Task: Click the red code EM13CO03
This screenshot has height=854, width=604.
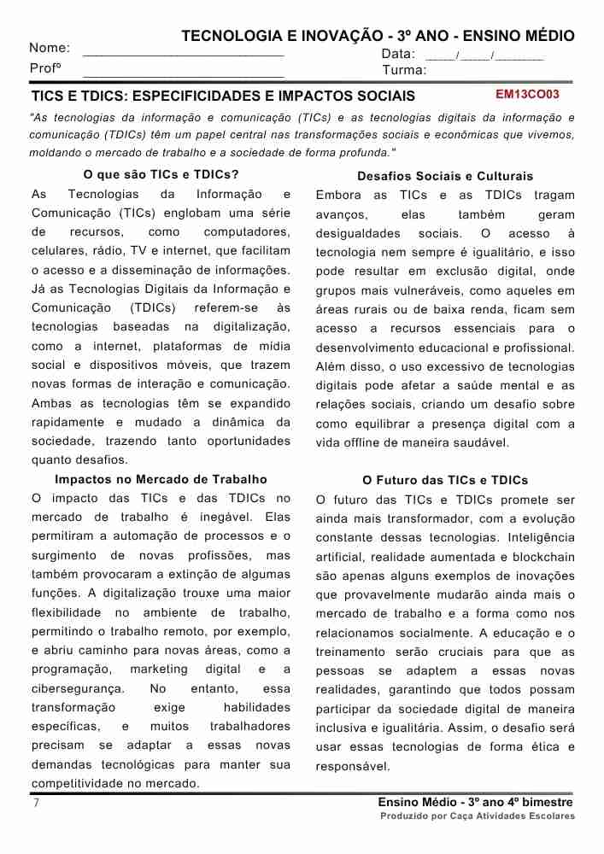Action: click(527, 95)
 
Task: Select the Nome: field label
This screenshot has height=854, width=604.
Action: click(50, 49)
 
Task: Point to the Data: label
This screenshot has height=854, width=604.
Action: click(398, 54)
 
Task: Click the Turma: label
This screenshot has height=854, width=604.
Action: click(403, 71)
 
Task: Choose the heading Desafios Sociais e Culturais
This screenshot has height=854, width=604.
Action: click(444, 176)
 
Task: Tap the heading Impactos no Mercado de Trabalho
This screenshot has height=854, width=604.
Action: click(161, 479)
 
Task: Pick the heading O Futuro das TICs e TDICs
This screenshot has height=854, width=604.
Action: click(444, 481)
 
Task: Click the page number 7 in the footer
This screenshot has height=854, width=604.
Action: click(35, 803)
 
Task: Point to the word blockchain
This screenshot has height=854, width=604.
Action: click(543, 557)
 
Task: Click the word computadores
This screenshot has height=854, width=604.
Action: click(247, 232)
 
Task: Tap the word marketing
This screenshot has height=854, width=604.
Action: click(159, 670)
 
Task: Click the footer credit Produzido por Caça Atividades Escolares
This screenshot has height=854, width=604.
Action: click(478, 816)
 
